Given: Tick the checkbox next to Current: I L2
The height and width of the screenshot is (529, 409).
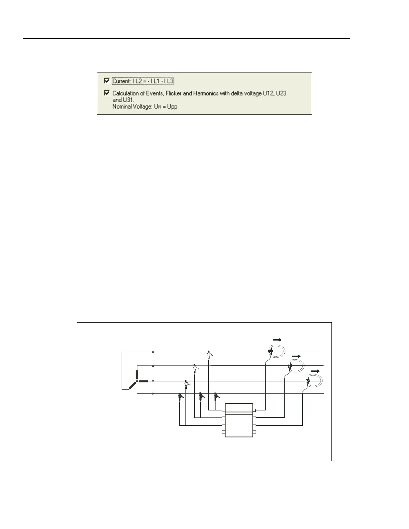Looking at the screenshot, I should [107, 81].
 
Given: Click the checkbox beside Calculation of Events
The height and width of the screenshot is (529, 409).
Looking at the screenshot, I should [107, 93].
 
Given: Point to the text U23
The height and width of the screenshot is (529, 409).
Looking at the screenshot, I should [281, 94].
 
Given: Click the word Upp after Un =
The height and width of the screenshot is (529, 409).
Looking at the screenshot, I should [172, 107].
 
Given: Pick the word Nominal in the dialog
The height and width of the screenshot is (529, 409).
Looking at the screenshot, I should [122, 107].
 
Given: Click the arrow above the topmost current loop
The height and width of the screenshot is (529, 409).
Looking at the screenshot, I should [277, 340].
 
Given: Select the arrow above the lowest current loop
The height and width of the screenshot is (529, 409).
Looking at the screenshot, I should [315, 371].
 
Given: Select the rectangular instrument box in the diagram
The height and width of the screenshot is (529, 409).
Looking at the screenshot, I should [239, 420].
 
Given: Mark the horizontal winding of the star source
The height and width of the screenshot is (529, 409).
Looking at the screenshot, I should [143, 381].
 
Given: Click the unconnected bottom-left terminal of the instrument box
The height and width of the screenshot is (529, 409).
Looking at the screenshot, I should [224, 432].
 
